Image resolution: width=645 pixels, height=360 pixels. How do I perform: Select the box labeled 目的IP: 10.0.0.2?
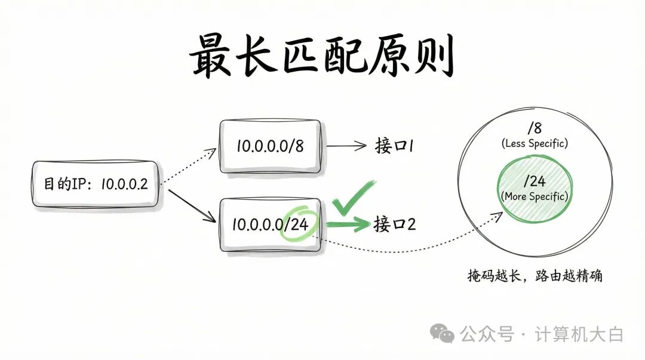pyautogui.click(x=96, y=184)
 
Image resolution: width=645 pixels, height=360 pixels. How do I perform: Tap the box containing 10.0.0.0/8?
pyautogui.click(x=271, y=147)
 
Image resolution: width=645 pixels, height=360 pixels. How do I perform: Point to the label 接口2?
pyautogui.click(x=395, y=224)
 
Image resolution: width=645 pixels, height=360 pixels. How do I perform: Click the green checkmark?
pyautogui.click(x=353, y=198)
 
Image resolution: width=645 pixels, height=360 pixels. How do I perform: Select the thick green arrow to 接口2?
pyautogui.click(x=349, y=224)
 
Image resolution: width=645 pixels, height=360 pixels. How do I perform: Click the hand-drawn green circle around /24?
pyautogui.click(x=300, y=224)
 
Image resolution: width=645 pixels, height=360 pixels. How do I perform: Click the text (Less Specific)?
pyautogui.click(x=534, y=143)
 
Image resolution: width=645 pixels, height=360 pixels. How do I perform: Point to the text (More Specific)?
pyautogui.click(x=535, y=196)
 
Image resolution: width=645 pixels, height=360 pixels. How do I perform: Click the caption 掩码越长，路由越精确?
pyautogui.click(x=535, y=276)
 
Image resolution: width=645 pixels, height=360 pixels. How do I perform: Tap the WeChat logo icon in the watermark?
pyautogui.click(x=443, y=334)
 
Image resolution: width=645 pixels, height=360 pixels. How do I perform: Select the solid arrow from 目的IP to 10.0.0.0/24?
pyautogui.click(x=191, y=206)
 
